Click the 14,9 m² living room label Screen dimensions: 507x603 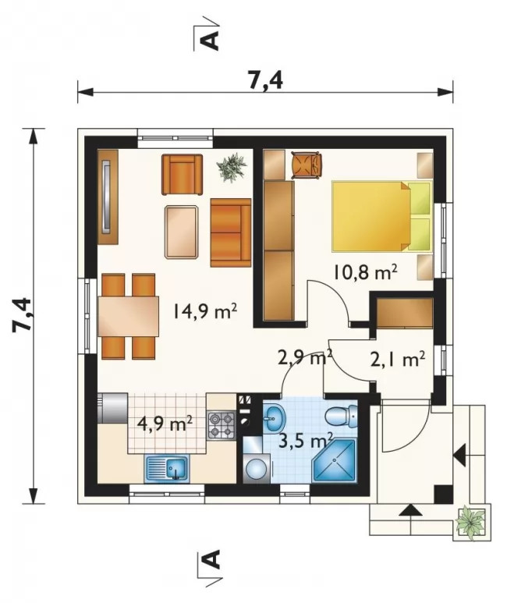click(x=205, y=310)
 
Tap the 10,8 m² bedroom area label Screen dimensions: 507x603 click(x=365, y=272)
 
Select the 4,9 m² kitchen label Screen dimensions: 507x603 click(x=165, y=424)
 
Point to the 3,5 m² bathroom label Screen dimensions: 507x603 click(x=306, y=441)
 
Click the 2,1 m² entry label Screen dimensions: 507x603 click(x=398, y=359)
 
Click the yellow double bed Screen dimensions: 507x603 click(x=381, y=217)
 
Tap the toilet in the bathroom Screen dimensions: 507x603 click(x=341, y=415)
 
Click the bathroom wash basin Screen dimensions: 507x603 click(x=274, y=417)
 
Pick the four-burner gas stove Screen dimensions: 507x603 click(x=222, y=425)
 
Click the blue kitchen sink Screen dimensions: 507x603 click(x=167, y=468)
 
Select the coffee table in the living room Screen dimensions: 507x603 click(x=182, y=232)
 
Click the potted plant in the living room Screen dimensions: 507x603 click(x=232, y=166)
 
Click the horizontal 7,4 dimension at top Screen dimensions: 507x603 click(x=265, y=81)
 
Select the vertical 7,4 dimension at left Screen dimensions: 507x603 click(x=22, y=315)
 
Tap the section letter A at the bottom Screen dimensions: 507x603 click(x=211, y=559)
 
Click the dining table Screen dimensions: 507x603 click(x=129, y=316)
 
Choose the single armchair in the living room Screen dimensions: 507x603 click(x=183, y=174)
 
